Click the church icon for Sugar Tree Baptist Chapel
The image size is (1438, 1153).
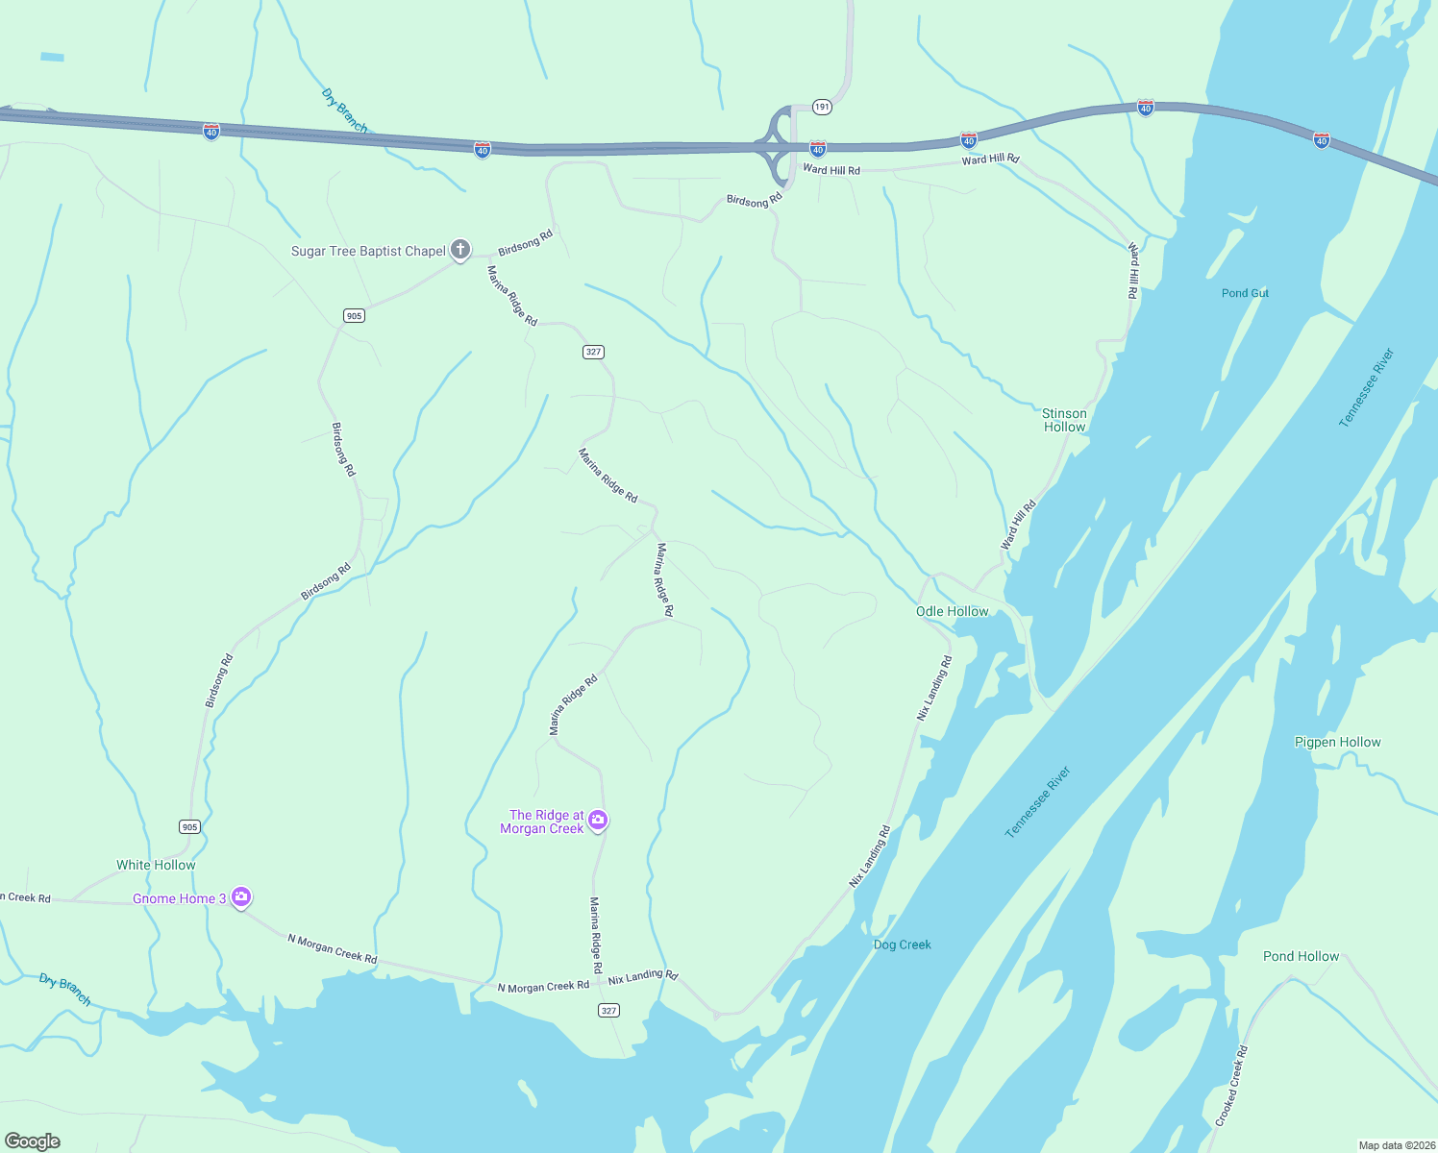(460, 250)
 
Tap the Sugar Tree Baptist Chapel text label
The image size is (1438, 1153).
(368, 251)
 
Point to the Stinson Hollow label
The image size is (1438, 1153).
(1064, 420)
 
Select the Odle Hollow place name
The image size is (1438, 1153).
(952, 611)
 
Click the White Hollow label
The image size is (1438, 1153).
(156, 865)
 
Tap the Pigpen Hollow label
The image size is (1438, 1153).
(1337, 742)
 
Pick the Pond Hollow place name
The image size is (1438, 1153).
(1301, 956)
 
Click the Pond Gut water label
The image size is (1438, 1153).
(1245, 293)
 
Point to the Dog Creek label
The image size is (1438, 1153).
(902, 944)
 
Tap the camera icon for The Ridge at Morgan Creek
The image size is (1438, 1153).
(598, 820)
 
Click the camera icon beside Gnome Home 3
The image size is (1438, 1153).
(241, 897)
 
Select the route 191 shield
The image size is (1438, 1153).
(820, 107)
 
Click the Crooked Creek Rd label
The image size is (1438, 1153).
(1230, 1086)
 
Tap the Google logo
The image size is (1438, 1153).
(33, 1141)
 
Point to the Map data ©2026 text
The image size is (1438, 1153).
(1395, 1145)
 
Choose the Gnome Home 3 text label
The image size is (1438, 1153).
(179, 898)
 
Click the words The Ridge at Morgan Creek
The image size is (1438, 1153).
(542, 822)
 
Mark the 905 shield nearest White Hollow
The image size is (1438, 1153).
(189, 826)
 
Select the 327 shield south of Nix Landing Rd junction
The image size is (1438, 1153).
(608, 1010)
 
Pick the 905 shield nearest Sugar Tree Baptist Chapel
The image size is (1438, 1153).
(354, 315)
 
